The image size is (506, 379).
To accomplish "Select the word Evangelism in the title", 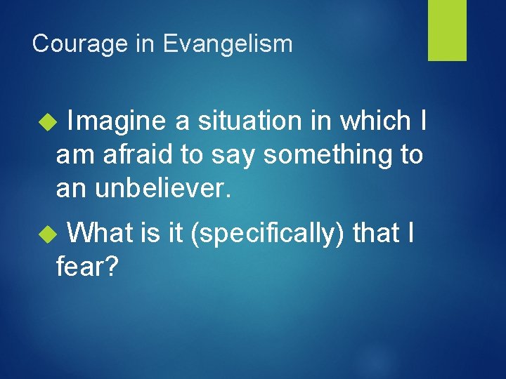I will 228,44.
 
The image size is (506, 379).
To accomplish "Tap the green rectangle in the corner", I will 447,29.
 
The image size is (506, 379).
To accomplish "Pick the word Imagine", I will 116,121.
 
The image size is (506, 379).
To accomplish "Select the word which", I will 376,121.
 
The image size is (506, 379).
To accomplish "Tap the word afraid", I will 138,154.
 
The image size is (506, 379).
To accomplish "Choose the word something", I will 325,154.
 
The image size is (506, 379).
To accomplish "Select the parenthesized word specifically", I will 268,232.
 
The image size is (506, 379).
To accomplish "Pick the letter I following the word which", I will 422,121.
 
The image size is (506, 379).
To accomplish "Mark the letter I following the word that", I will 410,232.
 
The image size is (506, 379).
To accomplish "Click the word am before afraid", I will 72,156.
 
